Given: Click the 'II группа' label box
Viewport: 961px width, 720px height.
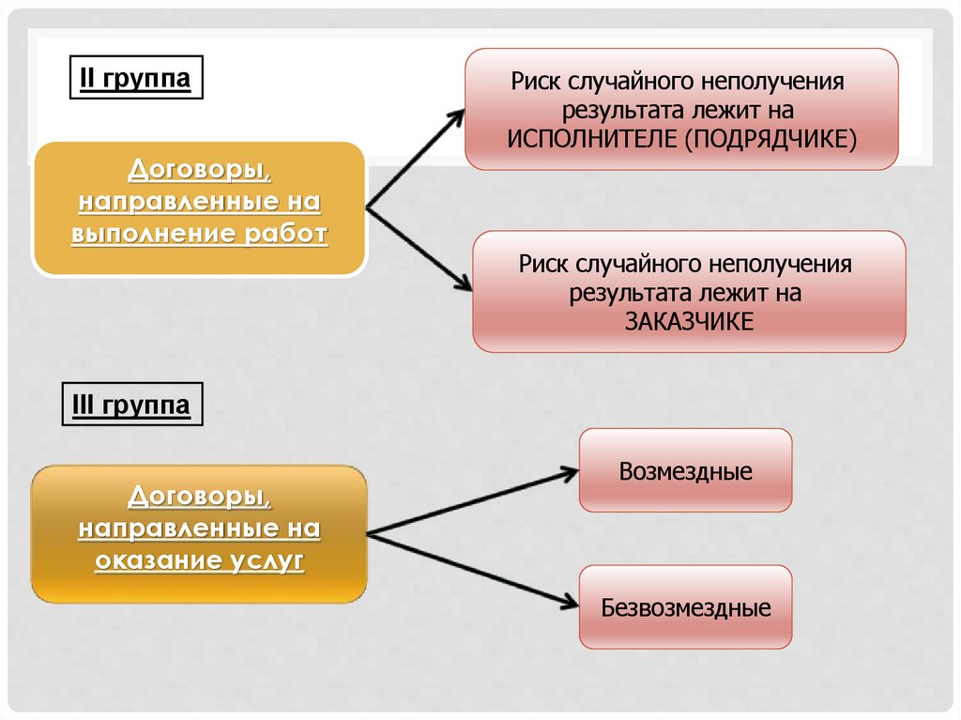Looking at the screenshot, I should coord(136,79).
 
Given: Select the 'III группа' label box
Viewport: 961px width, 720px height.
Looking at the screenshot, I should coord(131,405).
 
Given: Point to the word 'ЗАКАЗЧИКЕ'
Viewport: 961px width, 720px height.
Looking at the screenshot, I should coord(689,320).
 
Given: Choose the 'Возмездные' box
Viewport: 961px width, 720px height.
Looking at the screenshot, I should coord(685,470).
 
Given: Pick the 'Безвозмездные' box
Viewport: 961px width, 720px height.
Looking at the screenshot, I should coord(685,607).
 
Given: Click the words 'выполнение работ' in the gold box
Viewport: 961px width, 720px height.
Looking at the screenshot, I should coord(199,233).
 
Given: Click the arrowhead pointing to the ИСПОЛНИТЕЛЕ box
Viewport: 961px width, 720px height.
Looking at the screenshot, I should coord(457,114).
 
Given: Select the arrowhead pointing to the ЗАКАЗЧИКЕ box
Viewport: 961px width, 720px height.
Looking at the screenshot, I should coord(464,285).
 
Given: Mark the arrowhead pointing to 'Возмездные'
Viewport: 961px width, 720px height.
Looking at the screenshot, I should coord(570,470).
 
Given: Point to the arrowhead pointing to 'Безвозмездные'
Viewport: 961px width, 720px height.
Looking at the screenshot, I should coord(570,602).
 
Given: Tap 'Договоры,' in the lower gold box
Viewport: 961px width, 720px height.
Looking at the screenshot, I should coord(199,497).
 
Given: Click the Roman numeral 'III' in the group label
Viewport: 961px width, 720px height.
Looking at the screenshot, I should coord(83,405).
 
